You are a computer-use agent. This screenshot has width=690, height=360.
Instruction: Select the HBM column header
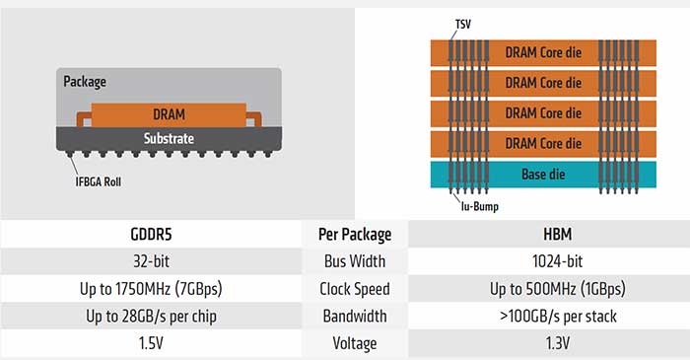tap(546, 235)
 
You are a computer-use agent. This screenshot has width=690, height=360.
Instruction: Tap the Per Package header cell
tap(355, 235)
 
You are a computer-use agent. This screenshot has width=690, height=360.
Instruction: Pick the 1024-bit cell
tap(546, 262)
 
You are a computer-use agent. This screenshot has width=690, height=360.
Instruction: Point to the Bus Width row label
tap(355, 262)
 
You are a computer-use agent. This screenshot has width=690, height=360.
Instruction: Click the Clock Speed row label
tap(355, 290)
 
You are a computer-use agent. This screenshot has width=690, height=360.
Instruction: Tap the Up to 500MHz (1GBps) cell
tap(546, 290)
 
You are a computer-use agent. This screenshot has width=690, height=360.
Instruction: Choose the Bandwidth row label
tap(355, 318)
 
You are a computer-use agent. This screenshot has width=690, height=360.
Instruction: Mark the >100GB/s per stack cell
tap(546, 318)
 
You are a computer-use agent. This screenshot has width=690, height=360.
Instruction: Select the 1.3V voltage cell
tap(546, 345)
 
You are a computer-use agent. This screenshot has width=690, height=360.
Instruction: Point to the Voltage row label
tap(355, 345)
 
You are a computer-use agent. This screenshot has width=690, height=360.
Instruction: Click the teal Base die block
tap(541, 175)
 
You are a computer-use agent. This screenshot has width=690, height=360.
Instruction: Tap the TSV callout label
tap(463, 22)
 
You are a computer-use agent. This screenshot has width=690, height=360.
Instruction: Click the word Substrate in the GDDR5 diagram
tap(169, 138)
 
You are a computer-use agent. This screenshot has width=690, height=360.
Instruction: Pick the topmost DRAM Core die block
tap(541, 51)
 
